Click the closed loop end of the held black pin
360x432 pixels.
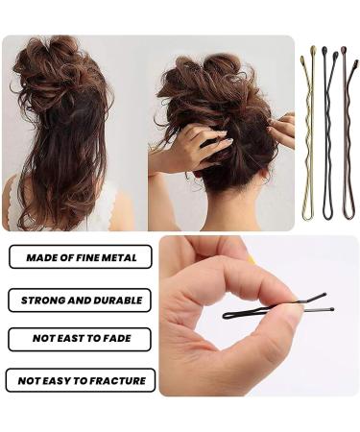pos(227,314)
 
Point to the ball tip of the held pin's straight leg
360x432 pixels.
pos(330,309)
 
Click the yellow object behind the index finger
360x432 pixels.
pos(252,258)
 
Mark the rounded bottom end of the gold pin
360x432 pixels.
pos(307,216)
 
